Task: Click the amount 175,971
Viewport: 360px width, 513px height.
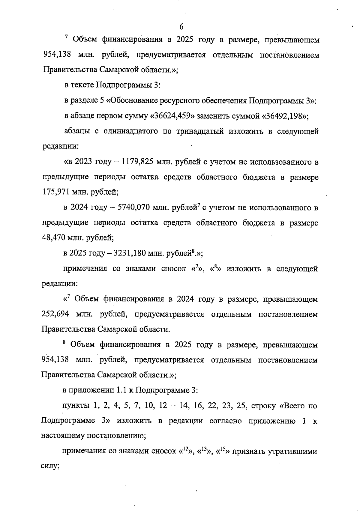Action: point(55,192)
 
